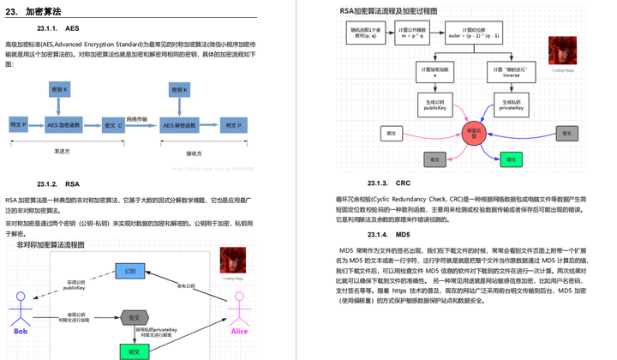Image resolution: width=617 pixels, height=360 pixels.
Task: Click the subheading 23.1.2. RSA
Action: (58, 183)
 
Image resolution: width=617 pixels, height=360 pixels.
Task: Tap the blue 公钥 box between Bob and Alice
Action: (129, 272)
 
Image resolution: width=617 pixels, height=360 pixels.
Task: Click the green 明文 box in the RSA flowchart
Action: (511, 159)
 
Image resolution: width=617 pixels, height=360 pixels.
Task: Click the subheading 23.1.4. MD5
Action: (391, 234)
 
